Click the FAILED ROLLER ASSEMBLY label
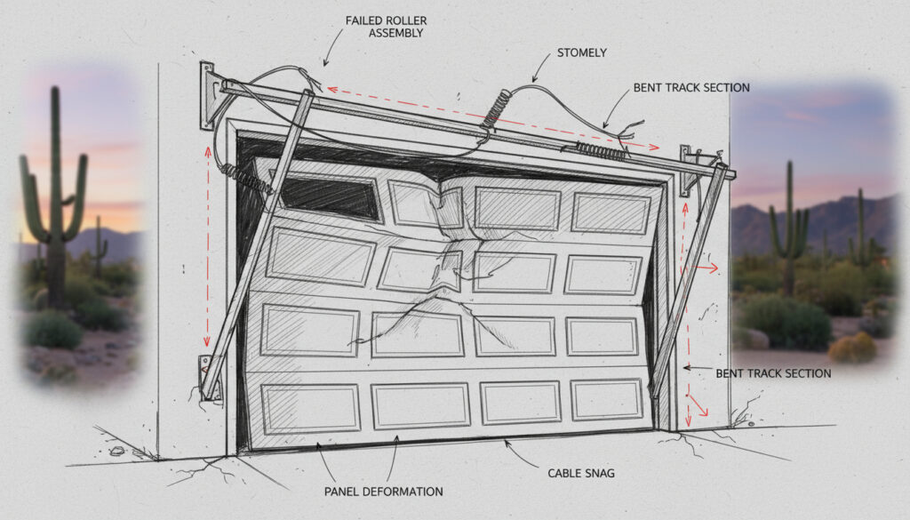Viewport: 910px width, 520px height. pos(384,26)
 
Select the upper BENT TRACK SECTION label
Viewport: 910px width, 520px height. pos(691,88)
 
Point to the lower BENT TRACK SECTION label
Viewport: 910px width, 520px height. pos(773,373)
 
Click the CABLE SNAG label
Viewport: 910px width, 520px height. pos(582,473)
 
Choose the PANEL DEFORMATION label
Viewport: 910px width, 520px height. pos(384,491)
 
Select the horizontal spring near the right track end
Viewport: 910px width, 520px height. pos(600,151)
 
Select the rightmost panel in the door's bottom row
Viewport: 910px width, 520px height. pos(607,401)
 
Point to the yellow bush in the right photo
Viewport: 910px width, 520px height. pos(851,348)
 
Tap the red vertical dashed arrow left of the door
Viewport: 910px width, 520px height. pos(209,249)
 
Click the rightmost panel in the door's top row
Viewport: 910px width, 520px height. pos(611,213)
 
